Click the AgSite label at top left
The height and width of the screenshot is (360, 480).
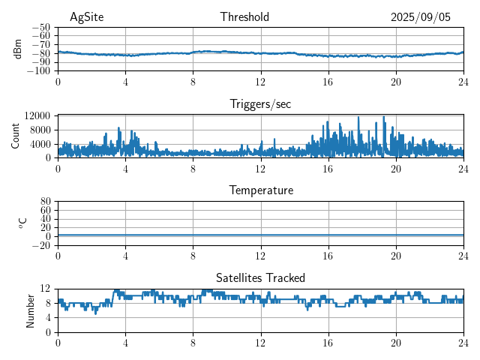pos(85,17)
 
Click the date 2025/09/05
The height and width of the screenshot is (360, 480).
pos(421,17)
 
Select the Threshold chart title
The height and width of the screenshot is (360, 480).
pos(244,17)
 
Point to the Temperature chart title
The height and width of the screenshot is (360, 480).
pos(260,190)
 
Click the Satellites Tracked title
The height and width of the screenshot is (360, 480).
pos(260,277)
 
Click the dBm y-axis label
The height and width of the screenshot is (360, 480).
pos(18,49)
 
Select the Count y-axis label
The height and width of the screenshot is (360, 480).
pos(15,136)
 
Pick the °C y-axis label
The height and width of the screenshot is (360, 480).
pos(22,223)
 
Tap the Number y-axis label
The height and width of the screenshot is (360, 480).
pos(30,310)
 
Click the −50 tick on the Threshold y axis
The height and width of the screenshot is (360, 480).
pos(40,27)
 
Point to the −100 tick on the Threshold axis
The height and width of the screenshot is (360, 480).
pos(38,71)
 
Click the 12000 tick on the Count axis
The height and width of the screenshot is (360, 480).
pos(37,115)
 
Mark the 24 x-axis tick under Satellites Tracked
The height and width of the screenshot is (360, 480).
pos(463,341)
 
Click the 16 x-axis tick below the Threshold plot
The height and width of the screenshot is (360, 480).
pos(328,80)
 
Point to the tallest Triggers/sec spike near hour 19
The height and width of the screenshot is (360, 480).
pos(384,117)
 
